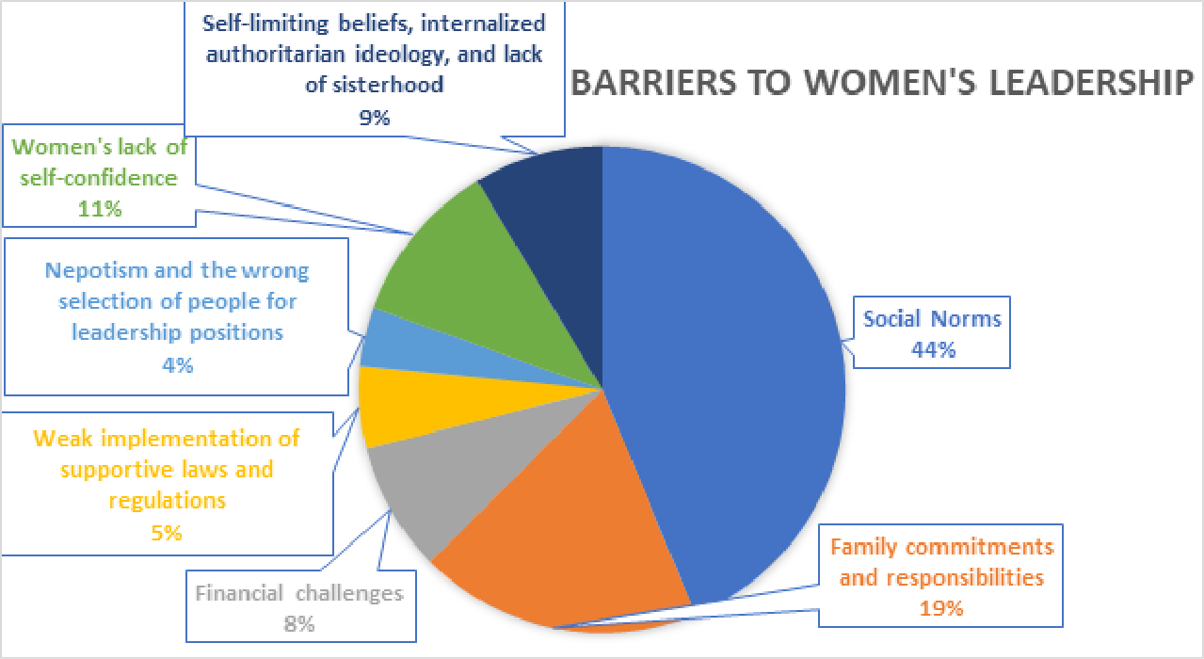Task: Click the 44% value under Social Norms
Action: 933,348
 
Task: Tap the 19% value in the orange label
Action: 941,607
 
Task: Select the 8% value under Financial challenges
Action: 299,623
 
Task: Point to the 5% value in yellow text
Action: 167,532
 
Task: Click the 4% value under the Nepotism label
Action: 178,364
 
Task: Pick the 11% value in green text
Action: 100,208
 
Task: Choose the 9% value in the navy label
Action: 374,117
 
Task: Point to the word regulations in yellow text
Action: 167,500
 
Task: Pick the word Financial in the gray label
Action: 238,593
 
